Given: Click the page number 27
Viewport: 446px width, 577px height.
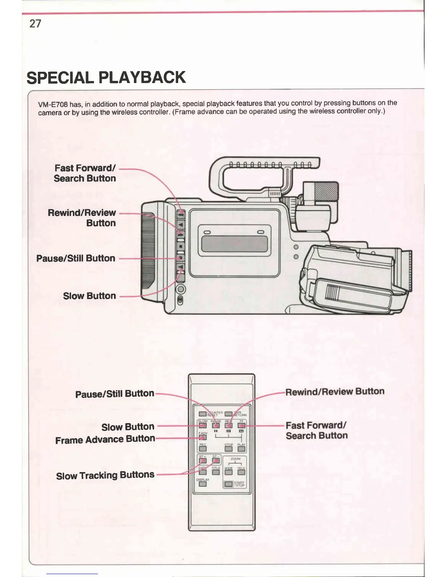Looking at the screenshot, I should coord(35,24).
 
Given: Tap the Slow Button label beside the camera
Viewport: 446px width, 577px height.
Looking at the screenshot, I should coord(89,296).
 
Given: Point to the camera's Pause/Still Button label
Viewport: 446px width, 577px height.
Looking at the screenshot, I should coord(76,258).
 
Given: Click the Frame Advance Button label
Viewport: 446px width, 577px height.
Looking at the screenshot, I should coord(105,439).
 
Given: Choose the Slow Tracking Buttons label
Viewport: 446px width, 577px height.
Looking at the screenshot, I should coord(105,475).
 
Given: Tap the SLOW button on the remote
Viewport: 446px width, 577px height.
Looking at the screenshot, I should coord(203,425).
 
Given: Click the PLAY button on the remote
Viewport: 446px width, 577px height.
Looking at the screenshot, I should coord(241,449).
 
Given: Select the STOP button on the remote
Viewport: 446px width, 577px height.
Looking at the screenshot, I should coord(228,449).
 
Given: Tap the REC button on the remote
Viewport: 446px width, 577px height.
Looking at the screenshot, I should coord(203,449).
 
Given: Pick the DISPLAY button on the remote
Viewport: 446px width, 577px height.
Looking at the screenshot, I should coord(203,484).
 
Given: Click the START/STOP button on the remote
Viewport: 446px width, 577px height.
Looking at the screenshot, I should coord(229,484).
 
